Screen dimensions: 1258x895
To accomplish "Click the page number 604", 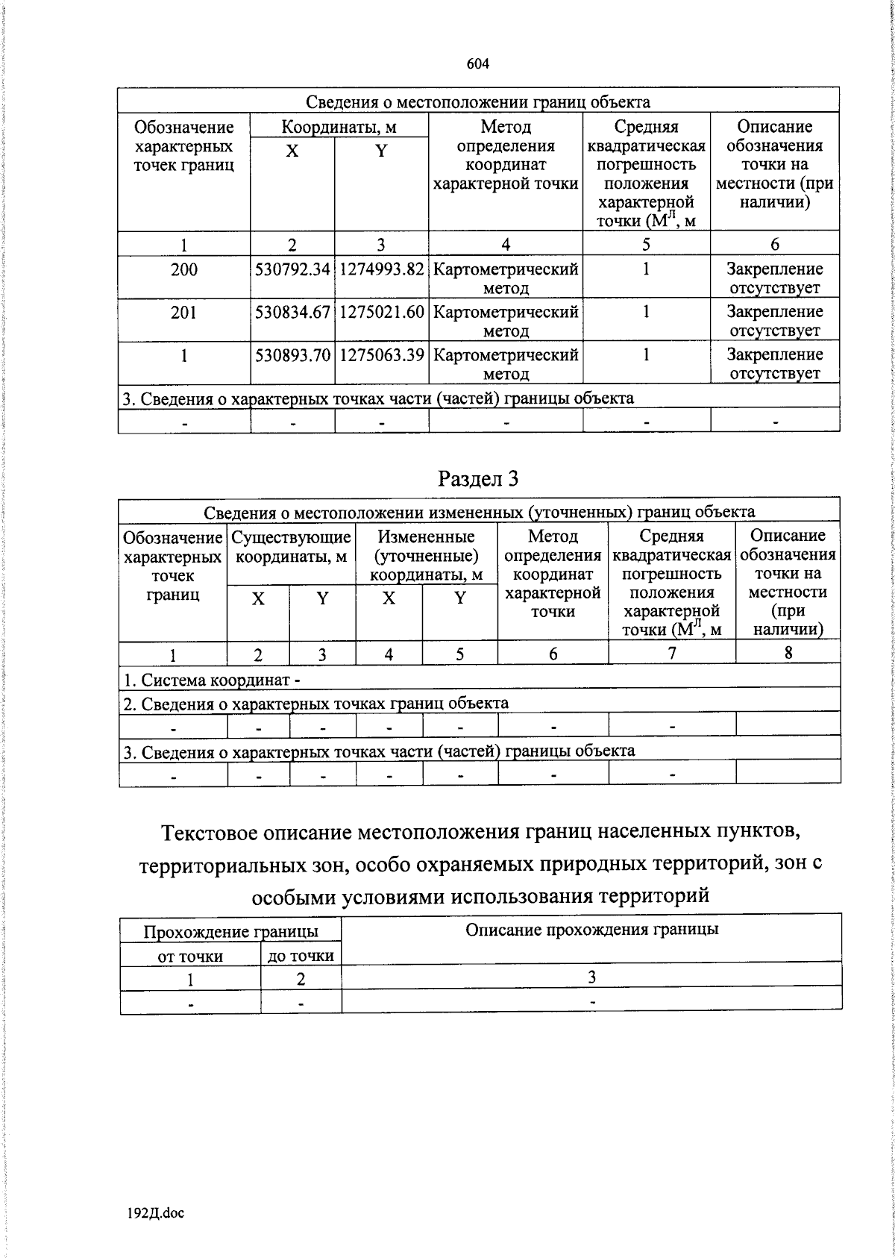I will pos(477,64).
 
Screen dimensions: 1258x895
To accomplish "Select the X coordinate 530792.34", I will pos(292,269).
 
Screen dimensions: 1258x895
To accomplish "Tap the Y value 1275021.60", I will pos(381,312).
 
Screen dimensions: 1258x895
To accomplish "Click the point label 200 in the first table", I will pos(183,269).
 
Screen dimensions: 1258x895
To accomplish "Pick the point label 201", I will pos(183,312).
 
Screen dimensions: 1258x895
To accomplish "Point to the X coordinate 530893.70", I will pos(292,355).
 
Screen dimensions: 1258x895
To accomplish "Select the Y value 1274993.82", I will pos(381,269).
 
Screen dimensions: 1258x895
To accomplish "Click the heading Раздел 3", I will pos(477,479).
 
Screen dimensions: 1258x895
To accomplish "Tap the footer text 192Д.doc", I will pos(156,1213).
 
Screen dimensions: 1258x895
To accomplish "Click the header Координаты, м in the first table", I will pos(339,127).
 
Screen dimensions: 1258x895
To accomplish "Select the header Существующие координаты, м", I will pos(291,547).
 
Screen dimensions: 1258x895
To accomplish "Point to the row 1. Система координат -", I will pos(213,680).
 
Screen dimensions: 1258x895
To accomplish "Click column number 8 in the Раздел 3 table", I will pos(788,653).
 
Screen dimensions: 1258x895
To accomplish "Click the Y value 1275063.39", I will pos(381,355).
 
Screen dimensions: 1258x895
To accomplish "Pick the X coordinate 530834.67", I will pos(292,312).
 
